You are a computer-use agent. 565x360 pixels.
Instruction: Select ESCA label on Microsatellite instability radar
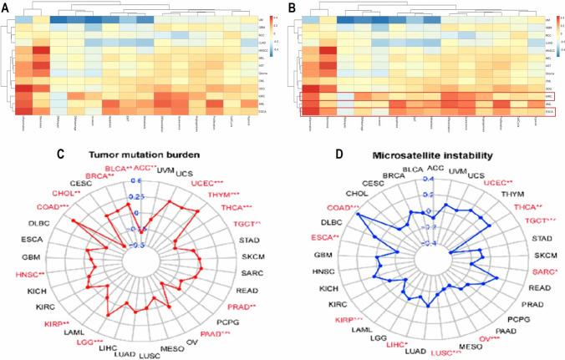pyautogui.click(x=318, y=238)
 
